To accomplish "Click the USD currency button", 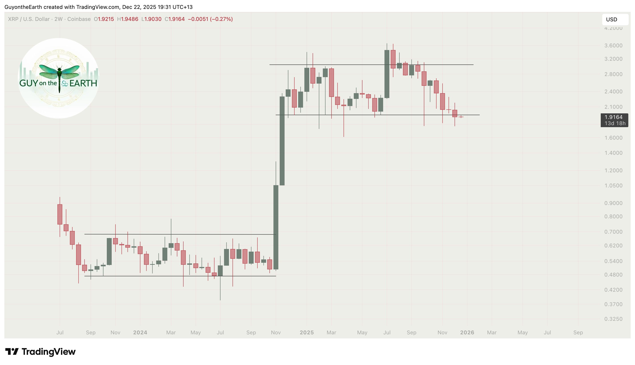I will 615,20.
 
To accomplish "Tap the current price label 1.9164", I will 613,117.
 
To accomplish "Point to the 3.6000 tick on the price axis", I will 613,46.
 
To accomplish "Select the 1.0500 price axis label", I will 613,186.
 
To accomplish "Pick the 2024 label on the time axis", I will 140,333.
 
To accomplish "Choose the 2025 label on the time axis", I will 307,333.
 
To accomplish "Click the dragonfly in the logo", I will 59,75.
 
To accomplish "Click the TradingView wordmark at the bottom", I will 49,352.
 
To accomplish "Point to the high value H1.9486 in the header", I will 128,19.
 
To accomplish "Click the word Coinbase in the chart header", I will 79,19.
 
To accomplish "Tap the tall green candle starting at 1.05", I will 282,141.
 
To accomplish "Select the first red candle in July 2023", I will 60,214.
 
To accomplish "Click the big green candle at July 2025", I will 387,74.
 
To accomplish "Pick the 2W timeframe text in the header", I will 58,19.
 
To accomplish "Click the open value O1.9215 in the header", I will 104,19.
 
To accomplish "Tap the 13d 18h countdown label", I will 615,123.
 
